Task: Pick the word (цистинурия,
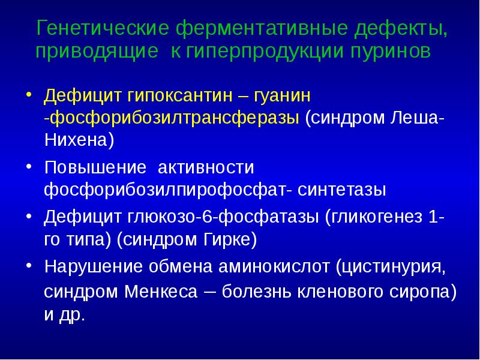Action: [x=390, y=266]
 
